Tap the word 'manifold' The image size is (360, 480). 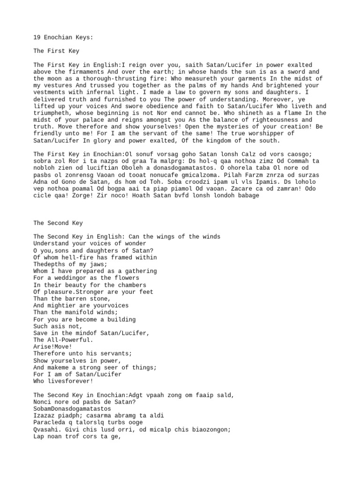pyautogui.click(x=81, y=312)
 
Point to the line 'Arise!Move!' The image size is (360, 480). pyautogui.click(x=53, y=346)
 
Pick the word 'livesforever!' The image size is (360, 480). pyautogui.click(x=70, y=381)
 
